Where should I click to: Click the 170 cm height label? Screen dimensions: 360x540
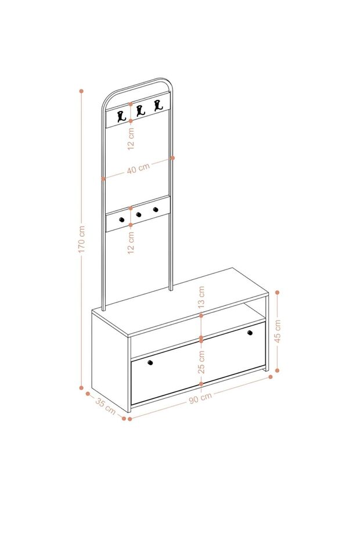coord(82,239)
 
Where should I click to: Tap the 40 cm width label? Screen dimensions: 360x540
coord(139,168)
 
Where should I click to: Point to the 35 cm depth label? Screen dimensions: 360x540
coord(106,406)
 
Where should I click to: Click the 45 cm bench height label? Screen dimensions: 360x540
coord(278,331)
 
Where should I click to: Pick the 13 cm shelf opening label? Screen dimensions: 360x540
coord(201,297)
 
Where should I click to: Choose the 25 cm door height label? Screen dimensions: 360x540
coord(201,362)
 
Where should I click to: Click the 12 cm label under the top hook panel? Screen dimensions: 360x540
coord(131,138)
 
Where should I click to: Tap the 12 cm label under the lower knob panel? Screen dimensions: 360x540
coord(131,243)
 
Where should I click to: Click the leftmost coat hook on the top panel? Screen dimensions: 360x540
coord(121,117)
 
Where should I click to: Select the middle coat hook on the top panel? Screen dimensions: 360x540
coord(140,111)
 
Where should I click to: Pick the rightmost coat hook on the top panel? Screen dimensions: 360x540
coord(158,105)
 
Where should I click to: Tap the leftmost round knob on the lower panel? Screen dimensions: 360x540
coord(121,219)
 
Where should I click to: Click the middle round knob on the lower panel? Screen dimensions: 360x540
coord(139,215)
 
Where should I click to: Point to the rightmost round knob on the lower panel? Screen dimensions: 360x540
coord(156,209)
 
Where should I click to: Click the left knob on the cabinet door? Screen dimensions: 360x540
coord(150,362)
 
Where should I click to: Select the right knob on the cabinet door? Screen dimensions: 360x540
coord(250,333)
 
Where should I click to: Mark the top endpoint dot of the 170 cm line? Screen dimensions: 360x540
coord(82,91)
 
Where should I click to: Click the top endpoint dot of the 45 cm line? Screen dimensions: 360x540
coord(278,293)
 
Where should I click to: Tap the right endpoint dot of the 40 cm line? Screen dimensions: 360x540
coord(172,158)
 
